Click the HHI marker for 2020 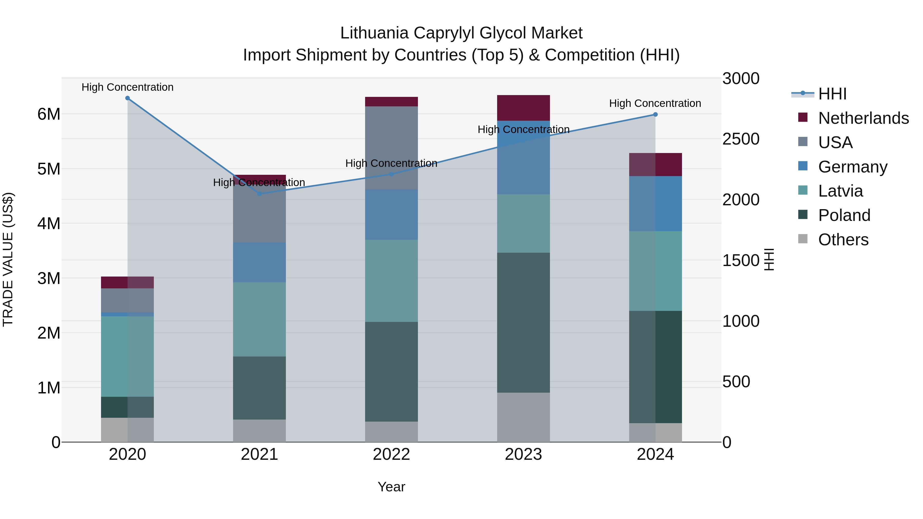tap(128, 98)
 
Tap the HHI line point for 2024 tap(655, 115)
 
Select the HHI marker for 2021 tap(260, 194)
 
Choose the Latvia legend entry tap(840, 191)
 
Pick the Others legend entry tap(843, 240)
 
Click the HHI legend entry tap(832, 94)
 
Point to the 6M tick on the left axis tap(49, 115)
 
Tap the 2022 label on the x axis tap(391, 454)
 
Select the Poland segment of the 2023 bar tap(524, 322)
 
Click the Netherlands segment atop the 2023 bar tap(524, 108)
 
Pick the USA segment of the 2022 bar tap(391, 148)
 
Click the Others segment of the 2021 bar tap(259, 431)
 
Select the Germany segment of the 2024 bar tap(655, 203)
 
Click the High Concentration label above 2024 tap(655, 104)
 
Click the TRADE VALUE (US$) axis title tap(8, 260)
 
